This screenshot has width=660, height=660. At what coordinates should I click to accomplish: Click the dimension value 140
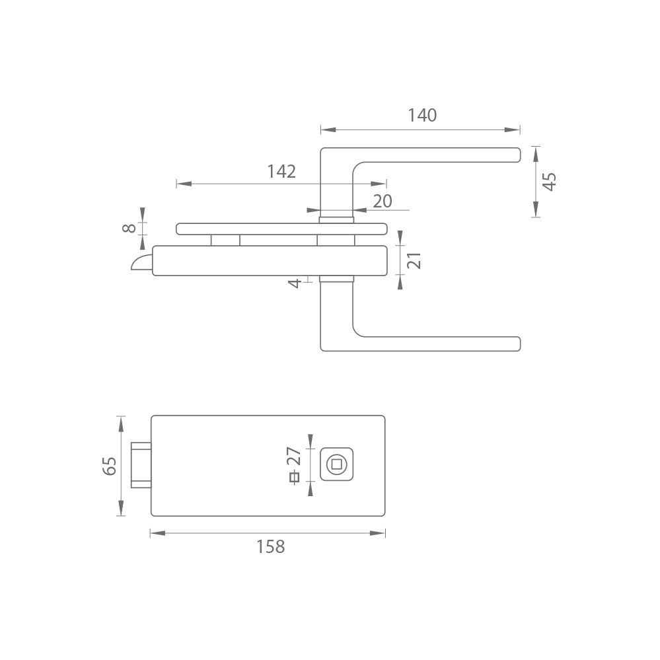point(422,116)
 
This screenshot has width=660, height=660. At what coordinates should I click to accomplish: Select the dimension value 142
point(281,171)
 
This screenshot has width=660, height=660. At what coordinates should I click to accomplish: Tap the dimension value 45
point(549,182)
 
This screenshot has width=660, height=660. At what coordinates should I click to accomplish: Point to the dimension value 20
point(383,202)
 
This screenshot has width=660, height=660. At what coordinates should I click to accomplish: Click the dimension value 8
point(129,228)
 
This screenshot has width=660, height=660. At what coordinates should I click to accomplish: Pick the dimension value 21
point(414,260)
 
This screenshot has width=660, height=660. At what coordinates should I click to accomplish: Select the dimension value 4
point(295,283)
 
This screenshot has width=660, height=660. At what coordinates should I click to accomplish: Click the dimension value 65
point(110,466)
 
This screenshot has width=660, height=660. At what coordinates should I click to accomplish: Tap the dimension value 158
point(271,547)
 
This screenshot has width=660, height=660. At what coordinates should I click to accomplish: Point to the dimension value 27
point(294,457)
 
